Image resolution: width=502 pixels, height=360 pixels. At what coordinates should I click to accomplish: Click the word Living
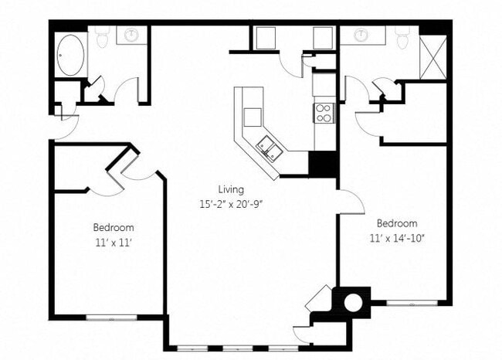click(230, 189)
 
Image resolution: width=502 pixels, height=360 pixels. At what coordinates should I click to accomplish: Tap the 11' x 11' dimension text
click(114, 242)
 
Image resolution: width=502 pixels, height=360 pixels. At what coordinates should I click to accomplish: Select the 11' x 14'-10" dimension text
click(398, 237)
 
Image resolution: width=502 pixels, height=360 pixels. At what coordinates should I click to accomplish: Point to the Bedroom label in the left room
click(114, 228)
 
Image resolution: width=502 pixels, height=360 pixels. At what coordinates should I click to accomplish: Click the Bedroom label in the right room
click(398, 223)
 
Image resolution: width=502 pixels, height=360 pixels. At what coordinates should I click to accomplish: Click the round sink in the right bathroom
click(360, 36)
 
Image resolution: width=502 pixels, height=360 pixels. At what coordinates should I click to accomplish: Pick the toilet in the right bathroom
click(402, 36)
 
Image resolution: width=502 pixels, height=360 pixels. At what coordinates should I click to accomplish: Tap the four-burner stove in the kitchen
click(324, 113)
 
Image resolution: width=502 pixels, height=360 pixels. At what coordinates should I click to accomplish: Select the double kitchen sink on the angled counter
click(268, 146)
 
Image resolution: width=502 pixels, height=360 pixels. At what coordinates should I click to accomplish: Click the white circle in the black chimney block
click(352, 301)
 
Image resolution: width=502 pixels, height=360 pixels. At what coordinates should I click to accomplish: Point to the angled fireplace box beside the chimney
click(319, 299)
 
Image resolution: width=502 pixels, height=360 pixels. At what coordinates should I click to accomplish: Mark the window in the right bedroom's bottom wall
click(406, 302)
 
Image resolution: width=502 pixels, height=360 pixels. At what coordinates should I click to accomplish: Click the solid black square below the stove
click(322, 164)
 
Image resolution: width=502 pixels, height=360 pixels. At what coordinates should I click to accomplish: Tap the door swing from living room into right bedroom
click(351, 202)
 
